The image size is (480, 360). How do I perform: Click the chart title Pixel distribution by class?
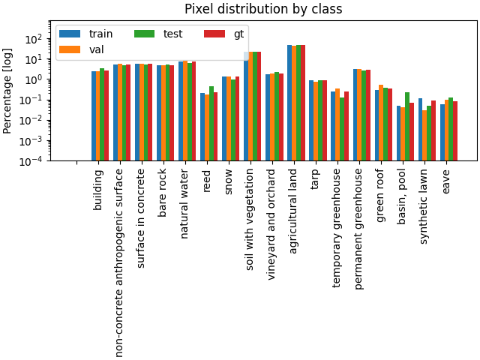[x=263, y=10]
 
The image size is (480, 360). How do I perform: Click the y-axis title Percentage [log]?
[x=8, y=91]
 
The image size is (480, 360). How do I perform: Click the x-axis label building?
[x=98, y=190]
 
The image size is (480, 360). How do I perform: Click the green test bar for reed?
[x=211, y=123]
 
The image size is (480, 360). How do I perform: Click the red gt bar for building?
[x=106, y=115]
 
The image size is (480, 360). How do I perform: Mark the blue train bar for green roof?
[x=377, y=125]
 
